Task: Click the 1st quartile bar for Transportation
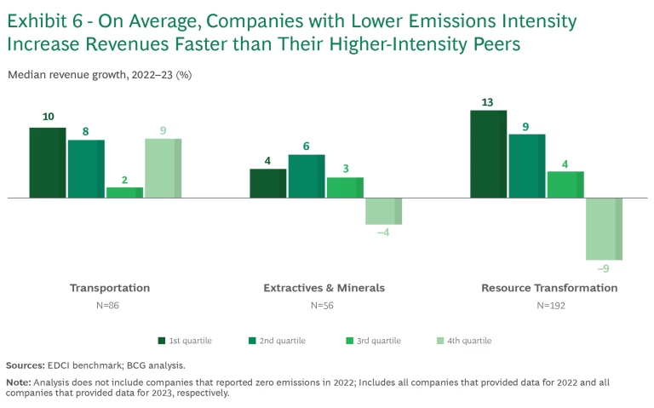(47, 163)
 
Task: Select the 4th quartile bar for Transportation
(163, 168)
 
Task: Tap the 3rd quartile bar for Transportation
(124, 193)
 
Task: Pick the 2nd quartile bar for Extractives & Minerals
(306, 176)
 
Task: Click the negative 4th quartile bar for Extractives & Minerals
(383, 211)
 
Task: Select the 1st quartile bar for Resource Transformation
(488, 154)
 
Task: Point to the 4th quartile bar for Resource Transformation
(604, 228)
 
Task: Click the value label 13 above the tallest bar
(487, 102)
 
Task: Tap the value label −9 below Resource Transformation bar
(603, 269)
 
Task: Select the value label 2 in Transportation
(124, 180)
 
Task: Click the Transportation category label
(110, 288)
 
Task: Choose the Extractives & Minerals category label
(324, 288)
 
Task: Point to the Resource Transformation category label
(549, 288)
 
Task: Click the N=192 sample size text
(549, 305)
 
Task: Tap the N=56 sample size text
(324, 305)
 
